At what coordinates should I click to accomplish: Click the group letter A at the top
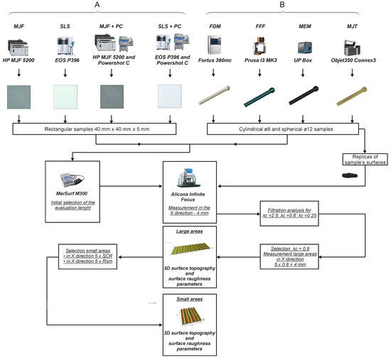(97, 5)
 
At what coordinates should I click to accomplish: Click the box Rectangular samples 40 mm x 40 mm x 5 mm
(100, 131)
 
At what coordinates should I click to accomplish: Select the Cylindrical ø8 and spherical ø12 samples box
(288, 131)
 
